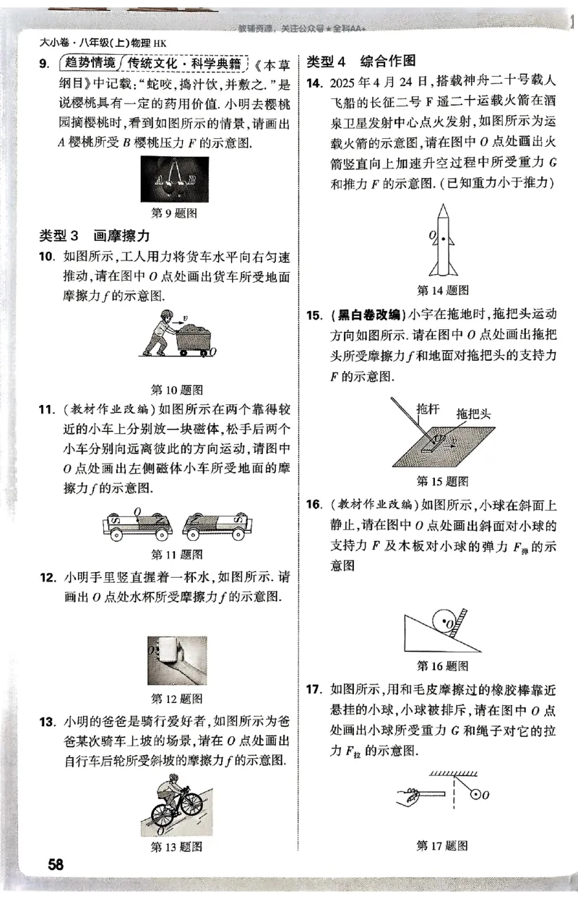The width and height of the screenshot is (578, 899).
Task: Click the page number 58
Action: click(x=56, y=864)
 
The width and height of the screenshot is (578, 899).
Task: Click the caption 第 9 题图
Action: click(x=175, y=213)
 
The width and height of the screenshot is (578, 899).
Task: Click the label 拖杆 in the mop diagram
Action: click(x=426, y=409)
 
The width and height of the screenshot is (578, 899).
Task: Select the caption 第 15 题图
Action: click(x=442, y=481)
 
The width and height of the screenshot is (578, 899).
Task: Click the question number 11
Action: click(x=47, y=410)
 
